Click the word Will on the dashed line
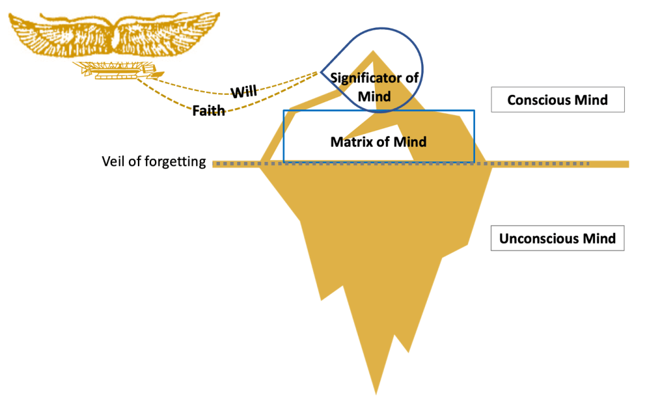click(243, 92)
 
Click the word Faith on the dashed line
click(209, 111)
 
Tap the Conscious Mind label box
click(557, 100)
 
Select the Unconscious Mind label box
click(557, 239)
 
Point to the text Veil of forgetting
click(154, 162)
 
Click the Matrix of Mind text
click(378, 142)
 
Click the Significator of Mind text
click(374, 87)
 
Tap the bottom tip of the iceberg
click(378, 392)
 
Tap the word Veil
click(113, 162)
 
